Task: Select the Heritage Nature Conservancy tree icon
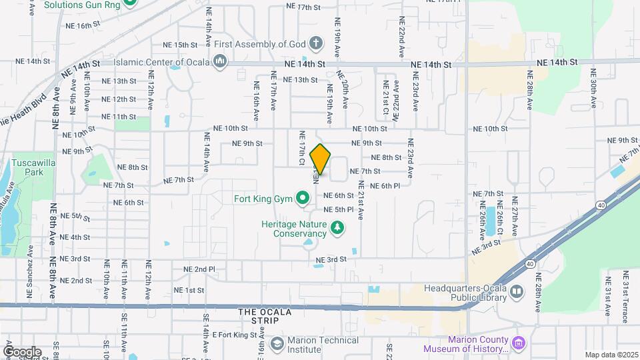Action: [x=338, y=228]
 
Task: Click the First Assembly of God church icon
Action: [x=316, y=45]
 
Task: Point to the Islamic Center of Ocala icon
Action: [x=219, y=63]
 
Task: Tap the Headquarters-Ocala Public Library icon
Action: [x=517, y=292]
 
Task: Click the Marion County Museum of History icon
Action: [x=519, y=343]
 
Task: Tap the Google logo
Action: [x=21, y=351]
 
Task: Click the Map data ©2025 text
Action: [x=611, y=355]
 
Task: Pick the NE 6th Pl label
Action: [x=385, y=186]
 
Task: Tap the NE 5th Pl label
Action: [x=338, y=209]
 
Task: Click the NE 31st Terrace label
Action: [x=625, y=293]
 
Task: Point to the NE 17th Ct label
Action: [x=302, y=149]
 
